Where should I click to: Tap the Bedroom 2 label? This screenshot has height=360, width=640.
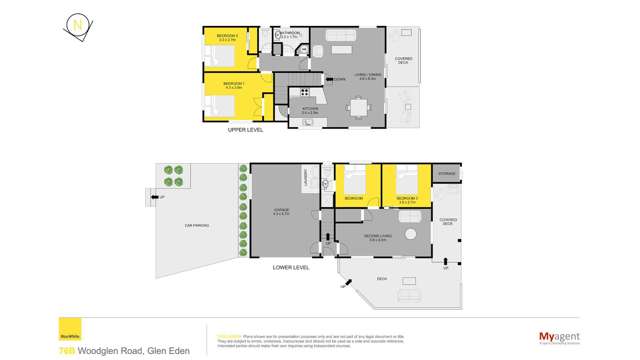[x=221, y=38]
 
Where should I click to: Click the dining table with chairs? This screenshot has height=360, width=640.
[x=358, y=106]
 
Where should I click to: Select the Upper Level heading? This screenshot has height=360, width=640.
[x=244, y=130]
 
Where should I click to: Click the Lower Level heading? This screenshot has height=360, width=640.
[x=291, y=268]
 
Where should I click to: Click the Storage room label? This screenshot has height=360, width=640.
[x=446, y=172]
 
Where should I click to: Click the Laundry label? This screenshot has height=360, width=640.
[x=305, y=178]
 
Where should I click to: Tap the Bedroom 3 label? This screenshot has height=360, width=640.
[x=405, y=199]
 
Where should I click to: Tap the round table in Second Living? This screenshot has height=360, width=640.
[x=409, y=233]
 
